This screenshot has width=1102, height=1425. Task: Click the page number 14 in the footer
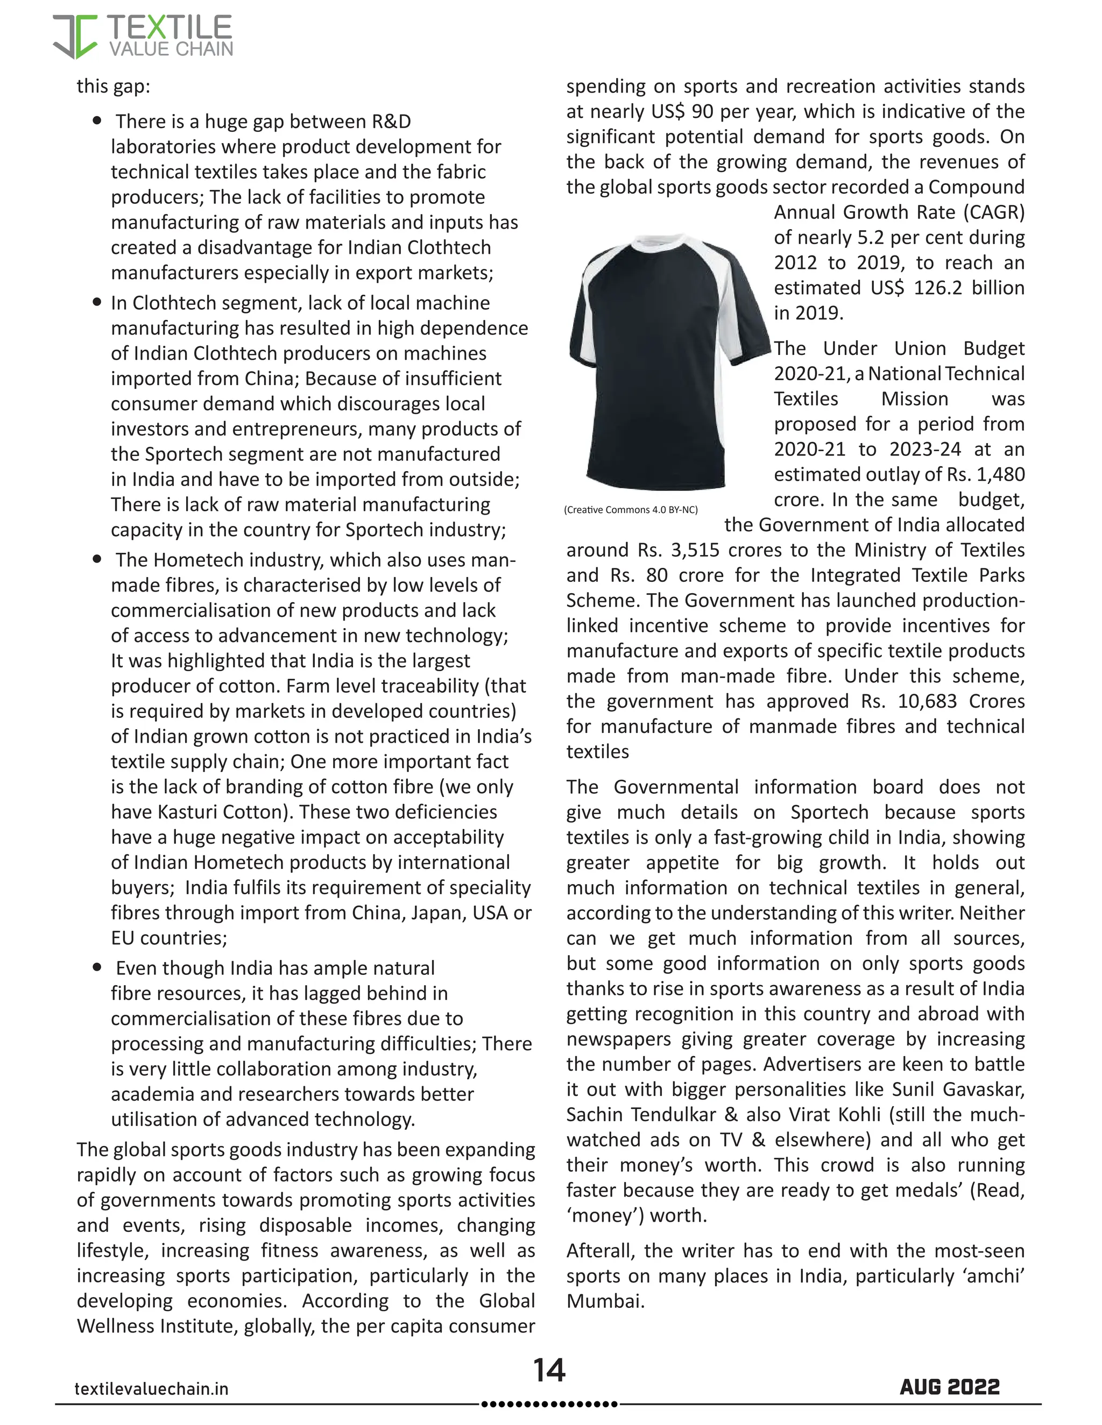click(x=549, y=1370)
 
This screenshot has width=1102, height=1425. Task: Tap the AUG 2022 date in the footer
click(x=949, y=1386)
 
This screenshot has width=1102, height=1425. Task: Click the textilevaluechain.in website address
click(x=151, y=1388)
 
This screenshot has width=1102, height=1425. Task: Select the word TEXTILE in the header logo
click(x=169, y=28)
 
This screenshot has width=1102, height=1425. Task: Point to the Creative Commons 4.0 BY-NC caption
click(x=631, y=510)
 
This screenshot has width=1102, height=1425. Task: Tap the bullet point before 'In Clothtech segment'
click(x=97, y=302)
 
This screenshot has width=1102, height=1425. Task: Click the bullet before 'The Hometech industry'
click(x=97, y=559)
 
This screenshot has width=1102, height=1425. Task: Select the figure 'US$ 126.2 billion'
click(x=947, y=288)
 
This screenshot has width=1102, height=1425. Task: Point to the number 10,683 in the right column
click(x=927, y=701)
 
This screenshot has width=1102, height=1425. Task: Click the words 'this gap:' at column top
click(x=114, y=86)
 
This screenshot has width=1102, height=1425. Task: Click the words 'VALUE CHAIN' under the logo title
click(x=171, y=49)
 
